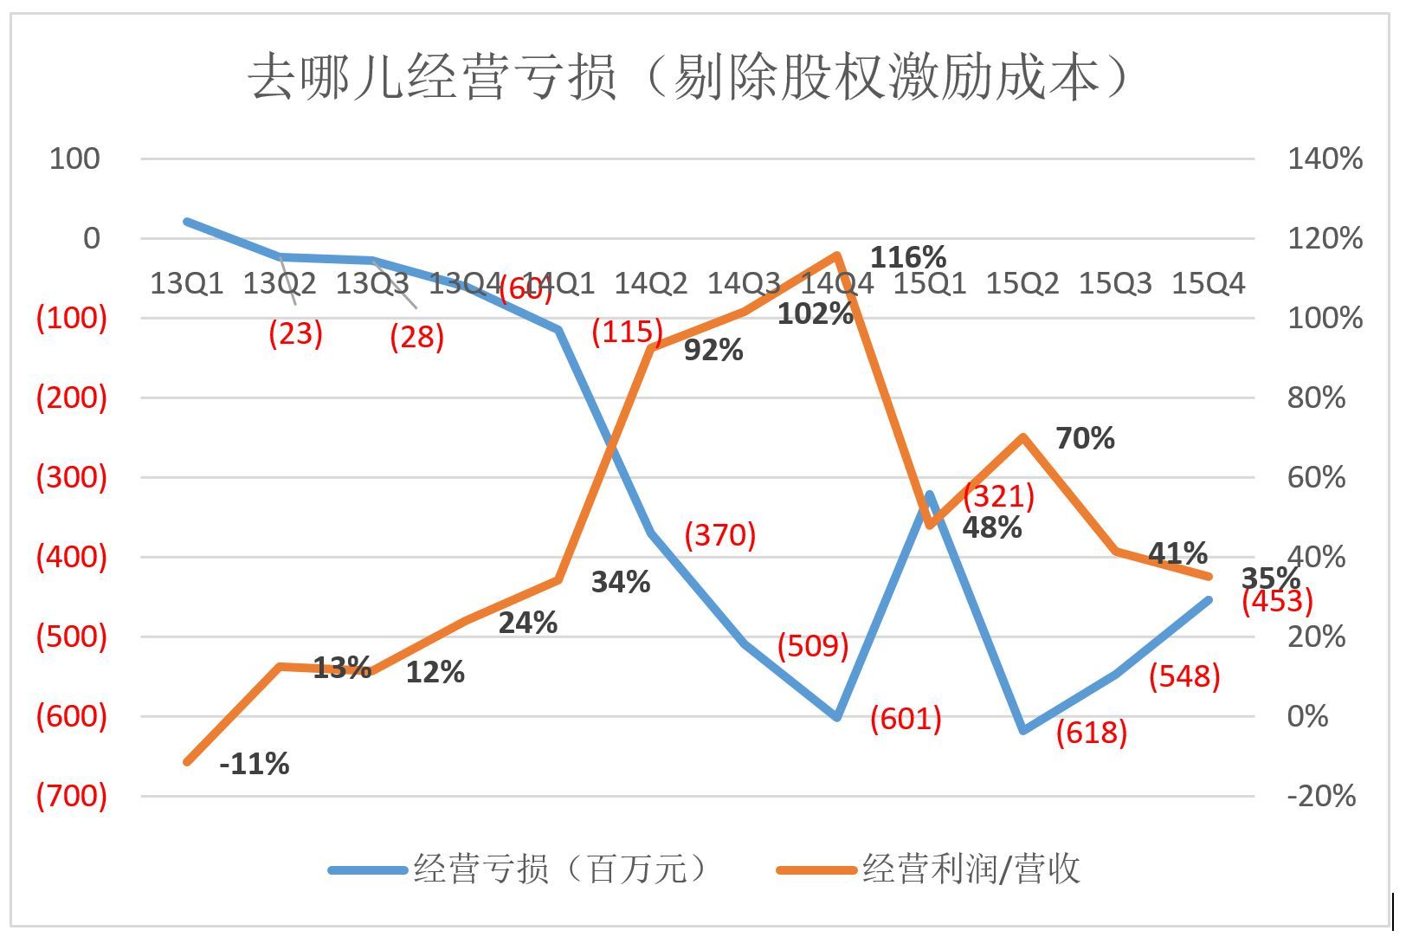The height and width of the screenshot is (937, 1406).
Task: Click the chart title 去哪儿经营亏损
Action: click(x=689, y=78)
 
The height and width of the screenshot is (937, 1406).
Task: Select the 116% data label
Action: click(x=907, y=257)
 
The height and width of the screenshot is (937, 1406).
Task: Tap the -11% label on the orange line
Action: click(x=254, y=764)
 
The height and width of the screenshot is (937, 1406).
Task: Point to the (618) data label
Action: click(x=1091, y=733)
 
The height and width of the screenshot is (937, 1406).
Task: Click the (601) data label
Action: click(x=905, y=718)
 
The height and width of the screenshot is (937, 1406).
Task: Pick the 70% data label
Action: click(x=1085, y=438)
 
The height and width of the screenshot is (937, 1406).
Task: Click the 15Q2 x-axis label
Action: click(x=1022, y=283)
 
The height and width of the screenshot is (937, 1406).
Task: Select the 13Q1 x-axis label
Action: click(x=186, y=283)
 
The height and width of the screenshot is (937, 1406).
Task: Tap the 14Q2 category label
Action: click(x=650, y=283)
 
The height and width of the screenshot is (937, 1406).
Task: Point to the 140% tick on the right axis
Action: click(x=1325, y=158)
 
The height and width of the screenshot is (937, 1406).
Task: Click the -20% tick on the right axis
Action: click(x=1321, y=796)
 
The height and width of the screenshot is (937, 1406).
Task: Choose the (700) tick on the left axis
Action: click(x=71, y=796)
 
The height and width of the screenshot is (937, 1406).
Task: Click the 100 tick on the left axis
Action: click(x=74, y=158)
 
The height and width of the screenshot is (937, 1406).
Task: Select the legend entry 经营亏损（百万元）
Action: click(x=519, y=869)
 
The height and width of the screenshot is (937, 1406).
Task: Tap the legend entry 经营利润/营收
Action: click(x=928, y=869)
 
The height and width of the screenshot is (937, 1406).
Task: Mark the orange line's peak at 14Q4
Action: click(x=836, y=255)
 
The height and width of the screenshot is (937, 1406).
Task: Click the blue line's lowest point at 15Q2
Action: click(x=1023, y=731)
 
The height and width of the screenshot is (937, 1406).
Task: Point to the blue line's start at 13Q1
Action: click(x=188, y=222)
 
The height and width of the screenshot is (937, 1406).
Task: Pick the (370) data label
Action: click(x=719, y=535)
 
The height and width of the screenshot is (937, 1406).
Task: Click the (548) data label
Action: click(x=1183, y=676)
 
